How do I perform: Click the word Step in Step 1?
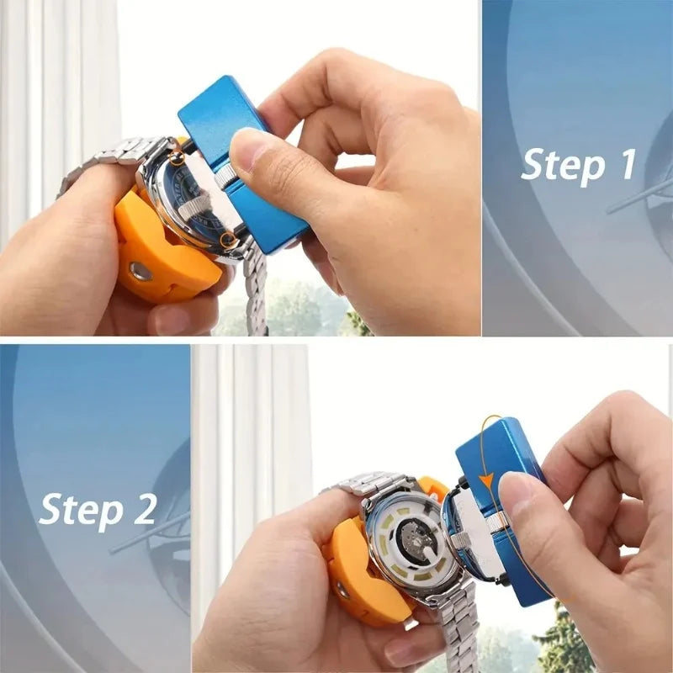click(x=559, y=165)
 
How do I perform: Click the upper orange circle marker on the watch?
click(x=176, y=157)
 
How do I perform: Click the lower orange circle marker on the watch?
click(x=227, y=241)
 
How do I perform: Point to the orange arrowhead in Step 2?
click(x=485, y=481)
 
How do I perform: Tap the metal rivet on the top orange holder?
click(x=140, y=271)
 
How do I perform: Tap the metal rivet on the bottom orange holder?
click(x=342, y=590)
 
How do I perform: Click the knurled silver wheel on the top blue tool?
click(x=224, y=177)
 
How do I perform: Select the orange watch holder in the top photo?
click(x=160, y=252)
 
